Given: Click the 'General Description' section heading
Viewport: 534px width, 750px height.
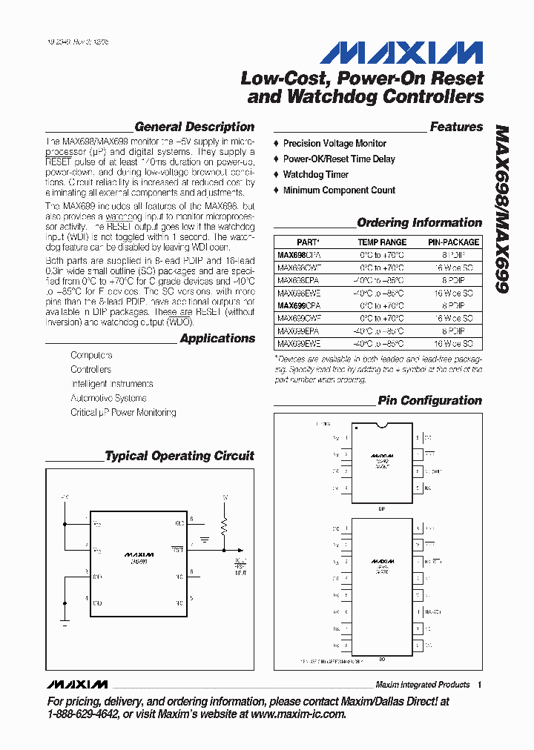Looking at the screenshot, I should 194,127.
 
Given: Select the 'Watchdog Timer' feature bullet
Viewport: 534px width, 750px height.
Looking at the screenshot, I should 315,175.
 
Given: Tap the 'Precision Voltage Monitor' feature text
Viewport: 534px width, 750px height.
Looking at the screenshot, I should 334,144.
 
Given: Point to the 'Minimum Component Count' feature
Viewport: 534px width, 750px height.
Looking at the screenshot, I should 339,190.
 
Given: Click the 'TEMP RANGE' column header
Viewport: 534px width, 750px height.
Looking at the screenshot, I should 382,242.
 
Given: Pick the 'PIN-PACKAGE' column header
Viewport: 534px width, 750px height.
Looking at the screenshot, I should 453,242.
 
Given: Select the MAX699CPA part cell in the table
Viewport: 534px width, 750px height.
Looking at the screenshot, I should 299,305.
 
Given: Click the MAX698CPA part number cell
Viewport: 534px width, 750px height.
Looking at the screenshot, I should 299,255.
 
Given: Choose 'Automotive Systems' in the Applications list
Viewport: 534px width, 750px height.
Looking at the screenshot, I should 108,398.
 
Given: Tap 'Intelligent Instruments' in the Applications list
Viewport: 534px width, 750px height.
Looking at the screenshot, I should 112,384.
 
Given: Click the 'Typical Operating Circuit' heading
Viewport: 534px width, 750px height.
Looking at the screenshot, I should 179,457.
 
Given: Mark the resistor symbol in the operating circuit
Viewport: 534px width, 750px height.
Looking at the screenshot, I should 225,528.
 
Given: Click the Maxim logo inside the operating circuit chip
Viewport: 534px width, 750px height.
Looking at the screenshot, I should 139,554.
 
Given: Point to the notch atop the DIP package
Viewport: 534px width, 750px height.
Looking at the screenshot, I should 383,425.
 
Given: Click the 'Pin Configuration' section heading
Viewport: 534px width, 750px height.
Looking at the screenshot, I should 429,401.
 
